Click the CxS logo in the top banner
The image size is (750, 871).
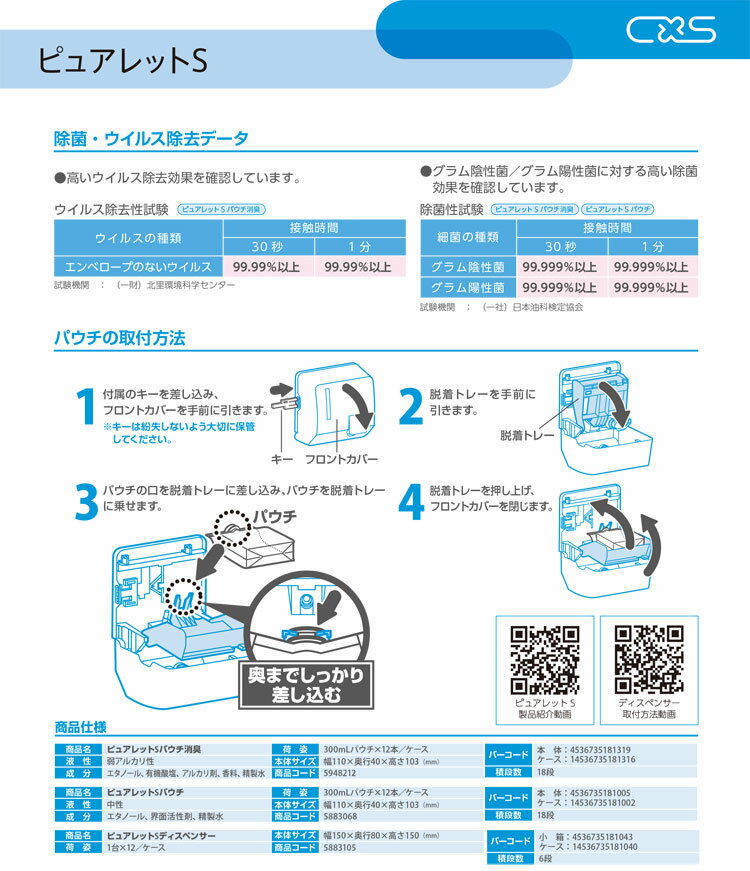671,29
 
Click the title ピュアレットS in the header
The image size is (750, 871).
123,61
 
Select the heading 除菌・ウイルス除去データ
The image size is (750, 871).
151,138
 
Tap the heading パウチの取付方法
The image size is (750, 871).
119,338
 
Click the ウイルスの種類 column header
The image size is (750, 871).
138,238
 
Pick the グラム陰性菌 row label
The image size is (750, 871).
468,267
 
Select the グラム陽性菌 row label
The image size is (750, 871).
468,288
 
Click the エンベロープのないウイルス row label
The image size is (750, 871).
138,267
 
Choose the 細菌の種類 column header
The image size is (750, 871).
468,237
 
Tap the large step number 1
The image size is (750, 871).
86,407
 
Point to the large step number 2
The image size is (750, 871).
411,407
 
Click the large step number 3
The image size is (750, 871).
87,502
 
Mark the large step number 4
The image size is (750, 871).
411,502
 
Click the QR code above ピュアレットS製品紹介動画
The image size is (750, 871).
544,659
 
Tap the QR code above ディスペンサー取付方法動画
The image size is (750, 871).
649,659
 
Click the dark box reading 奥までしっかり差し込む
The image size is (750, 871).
306,685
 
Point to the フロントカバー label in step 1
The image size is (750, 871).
342,459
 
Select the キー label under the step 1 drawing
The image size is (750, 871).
282,459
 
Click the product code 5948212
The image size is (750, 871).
339,773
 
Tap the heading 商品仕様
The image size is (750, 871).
80,727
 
